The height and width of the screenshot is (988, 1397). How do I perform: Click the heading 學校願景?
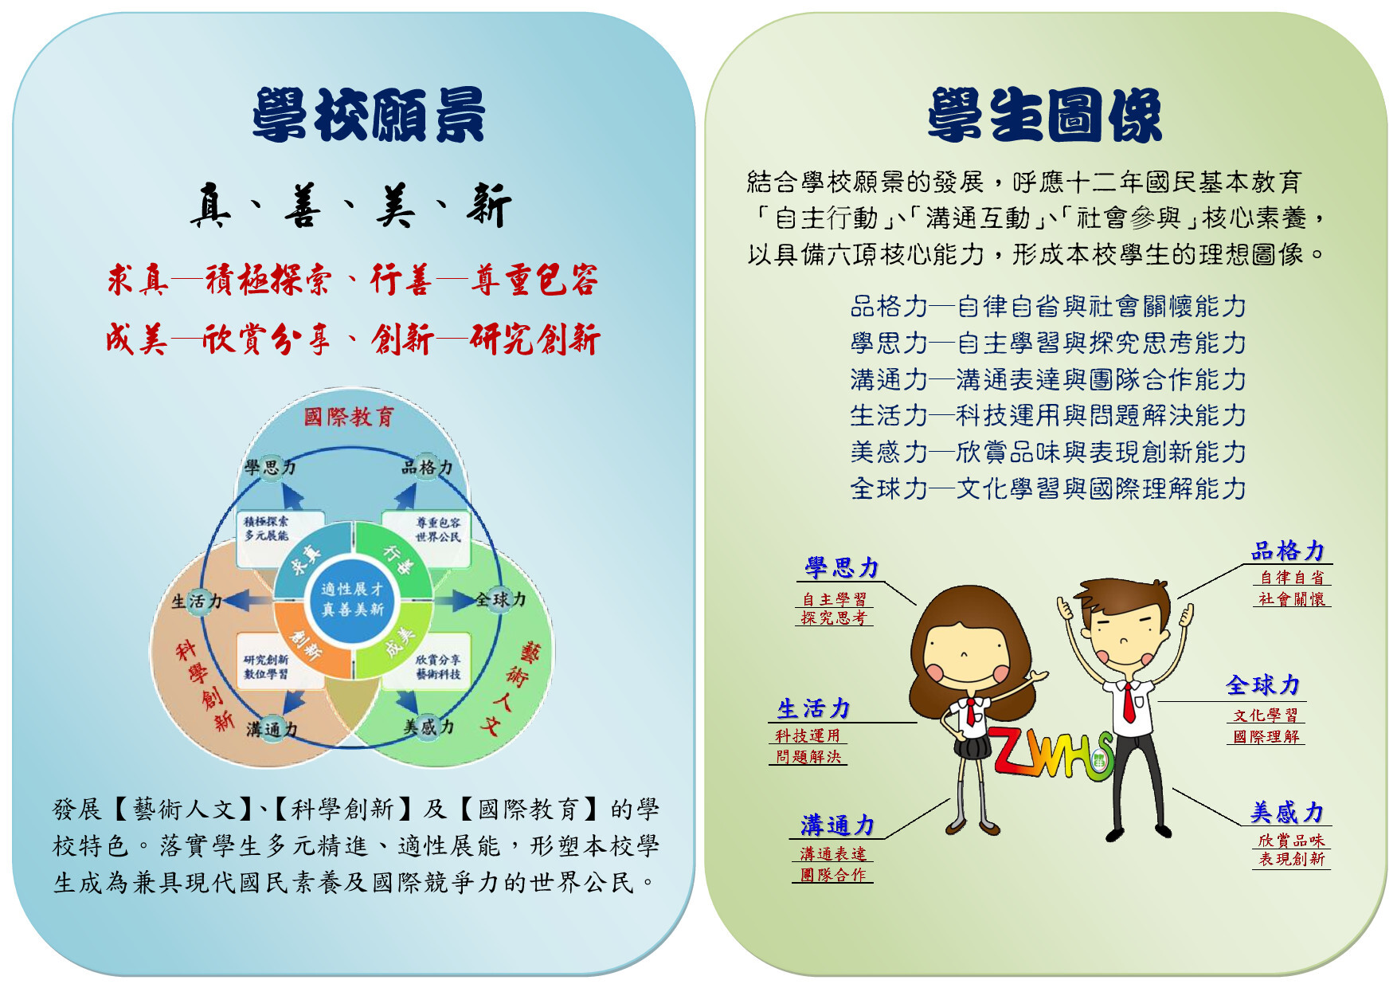(369, 116)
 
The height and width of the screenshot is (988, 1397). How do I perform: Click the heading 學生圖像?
(1045, 116)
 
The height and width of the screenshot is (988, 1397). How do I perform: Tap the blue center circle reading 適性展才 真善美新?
(353, 599)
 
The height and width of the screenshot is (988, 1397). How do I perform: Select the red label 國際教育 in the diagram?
(349, 417)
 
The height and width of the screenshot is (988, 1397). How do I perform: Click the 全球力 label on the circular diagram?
(500, 599)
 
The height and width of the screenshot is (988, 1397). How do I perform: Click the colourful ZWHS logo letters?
(1050, 752)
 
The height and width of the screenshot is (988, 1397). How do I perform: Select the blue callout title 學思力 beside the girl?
(841, 567)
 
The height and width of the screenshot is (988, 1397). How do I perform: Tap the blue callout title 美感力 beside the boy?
(1287, 812)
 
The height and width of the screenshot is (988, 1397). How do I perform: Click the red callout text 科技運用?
(808, 736)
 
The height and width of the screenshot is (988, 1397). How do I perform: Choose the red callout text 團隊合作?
(833, 875)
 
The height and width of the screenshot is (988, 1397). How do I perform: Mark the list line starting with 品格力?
(1048, 307)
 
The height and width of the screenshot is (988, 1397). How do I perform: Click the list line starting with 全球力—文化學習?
(1048, 488)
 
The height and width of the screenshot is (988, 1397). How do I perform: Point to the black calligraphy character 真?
(210, 206)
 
